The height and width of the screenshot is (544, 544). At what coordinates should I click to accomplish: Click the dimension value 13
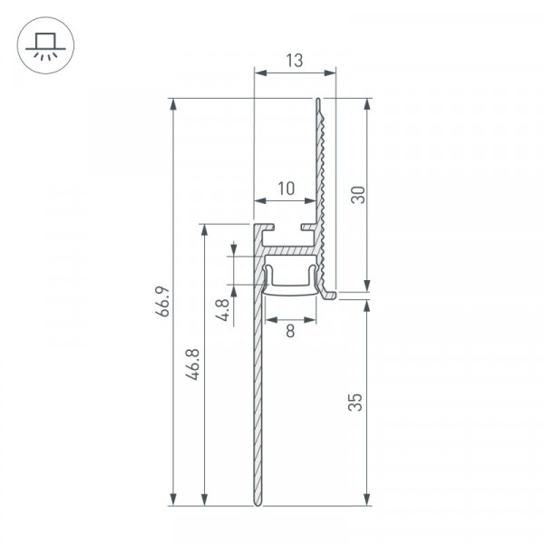(x=295, y=61)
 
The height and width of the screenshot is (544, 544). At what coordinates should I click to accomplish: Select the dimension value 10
(x=287, y=189)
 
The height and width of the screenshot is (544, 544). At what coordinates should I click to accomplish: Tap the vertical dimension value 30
(x=358, y=195)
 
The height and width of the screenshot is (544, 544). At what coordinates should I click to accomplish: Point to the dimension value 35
(x=355, y=402)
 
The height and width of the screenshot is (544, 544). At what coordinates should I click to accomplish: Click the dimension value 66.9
(x=162, y=301)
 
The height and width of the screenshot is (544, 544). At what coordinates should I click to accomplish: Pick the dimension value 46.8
(x=192, y=364)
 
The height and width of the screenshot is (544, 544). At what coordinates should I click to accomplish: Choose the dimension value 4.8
(x=222, y=310)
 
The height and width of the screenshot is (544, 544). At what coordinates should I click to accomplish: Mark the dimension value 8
(x=290, y=331)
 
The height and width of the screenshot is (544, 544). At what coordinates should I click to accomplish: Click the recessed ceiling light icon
(x=45, y=45)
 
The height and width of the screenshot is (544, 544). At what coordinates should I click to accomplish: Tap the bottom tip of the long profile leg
(x=257, y=505)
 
